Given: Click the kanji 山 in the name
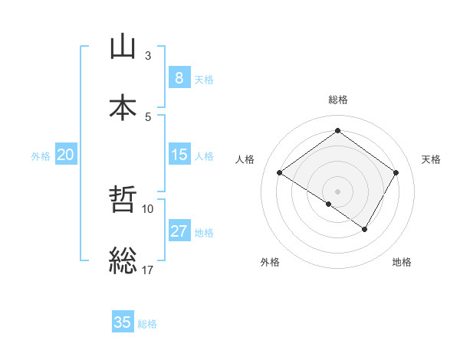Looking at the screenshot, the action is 123,47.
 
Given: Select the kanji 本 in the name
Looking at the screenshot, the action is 123,107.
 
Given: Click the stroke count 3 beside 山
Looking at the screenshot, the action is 148,56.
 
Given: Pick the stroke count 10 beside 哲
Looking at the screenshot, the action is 148,208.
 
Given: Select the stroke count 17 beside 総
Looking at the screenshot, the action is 148,270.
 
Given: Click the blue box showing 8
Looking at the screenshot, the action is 179,77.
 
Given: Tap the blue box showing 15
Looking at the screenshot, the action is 179,155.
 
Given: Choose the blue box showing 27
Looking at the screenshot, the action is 179,231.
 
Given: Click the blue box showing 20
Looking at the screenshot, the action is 65,155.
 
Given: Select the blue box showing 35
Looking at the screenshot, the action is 123,322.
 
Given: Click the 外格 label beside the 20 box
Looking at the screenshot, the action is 41,155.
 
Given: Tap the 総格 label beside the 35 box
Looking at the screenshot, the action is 147,324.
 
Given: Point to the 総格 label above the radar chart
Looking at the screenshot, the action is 337,100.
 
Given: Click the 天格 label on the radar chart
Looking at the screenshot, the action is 431,159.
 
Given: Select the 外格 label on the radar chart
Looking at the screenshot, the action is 270,263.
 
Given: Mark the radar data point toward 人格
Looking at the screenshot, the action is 280,173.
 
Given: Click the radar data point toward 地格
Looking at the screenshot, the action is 365,229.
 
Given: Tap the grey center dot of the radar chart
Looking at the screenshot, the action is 337,191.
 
